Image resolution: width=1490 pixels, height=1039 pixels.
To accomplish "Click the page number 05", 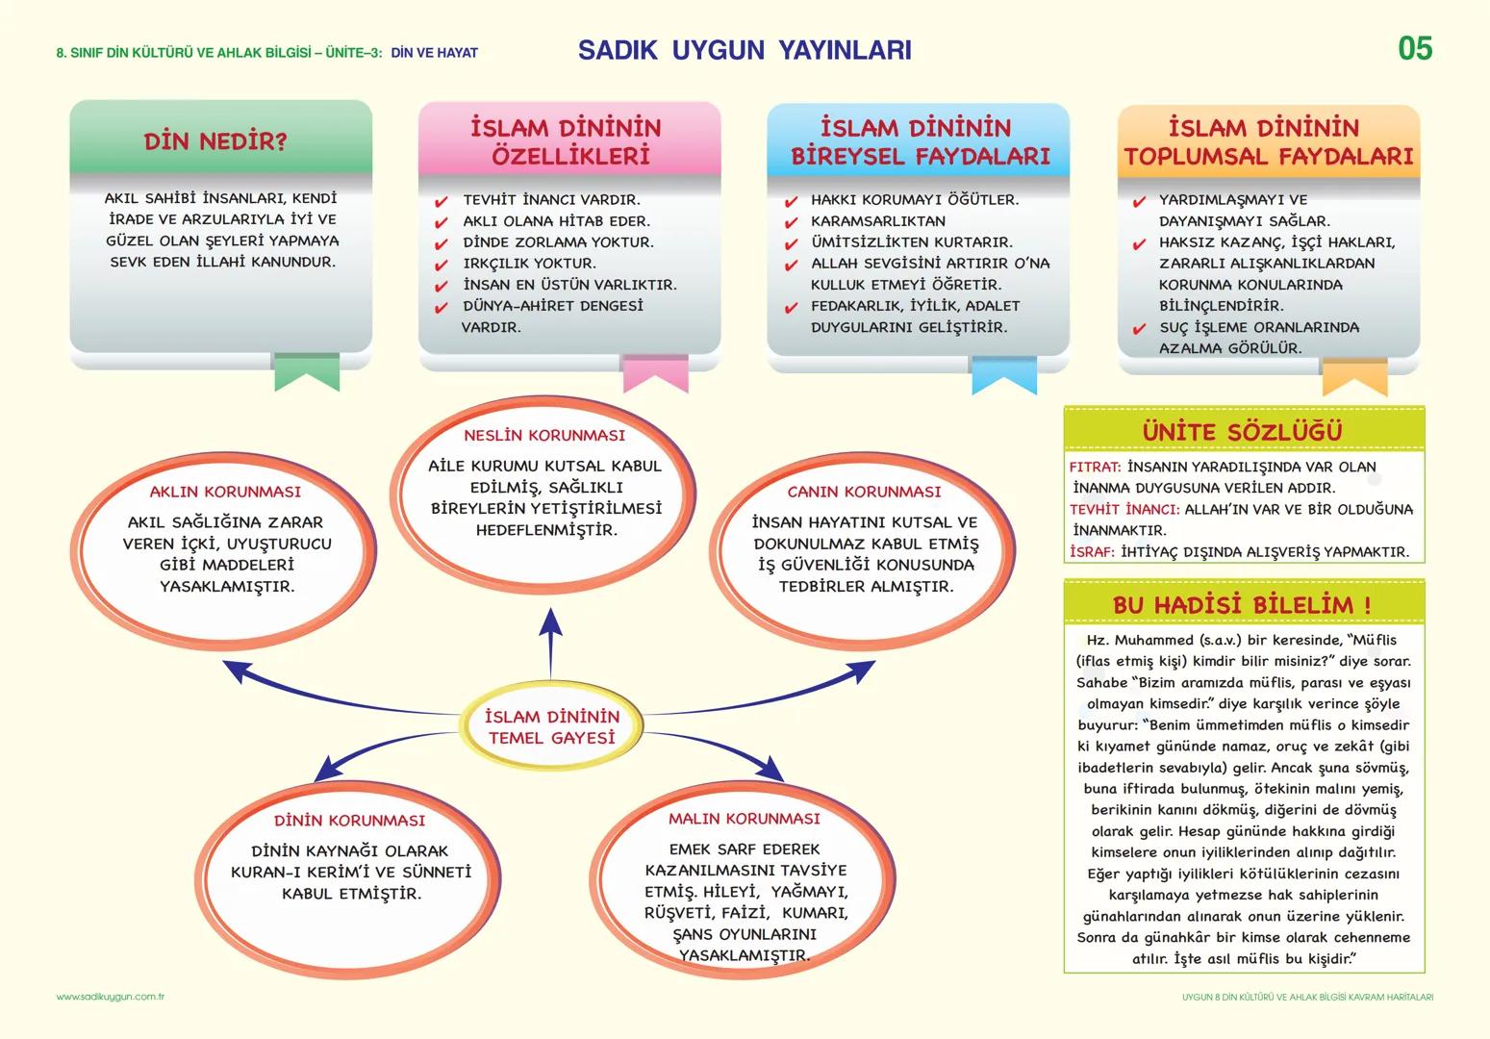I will pos(1414,48).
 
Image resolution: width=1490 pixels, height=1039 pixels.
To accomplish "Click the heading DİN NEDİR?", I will pos(215,141).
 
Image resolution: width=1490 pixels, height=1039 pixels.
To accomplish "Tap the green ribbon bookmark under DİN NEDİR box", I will pos(307,372).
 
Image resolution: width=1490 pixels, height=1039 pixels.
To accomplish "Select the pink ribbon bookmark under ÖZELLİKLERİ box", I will pos(655,373).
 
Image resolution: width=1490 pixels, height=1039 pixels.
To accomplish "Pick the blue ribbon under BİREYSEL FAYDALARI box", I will pos(1003,375).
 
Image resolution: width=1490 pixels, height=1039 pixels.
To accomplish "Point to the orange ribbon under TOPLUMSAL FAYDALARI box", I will pos(1354,377).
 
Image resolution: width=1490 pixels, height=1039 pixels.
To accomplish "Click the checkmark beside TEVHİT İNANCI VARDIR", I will pos(442,202).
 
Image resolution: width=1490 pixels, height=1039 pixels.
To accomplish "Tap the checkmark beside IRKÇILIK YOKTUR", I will pos(442,266).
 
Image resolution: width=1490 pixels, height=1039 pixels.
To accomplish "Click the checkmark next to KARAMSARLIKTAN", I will pos(791,223).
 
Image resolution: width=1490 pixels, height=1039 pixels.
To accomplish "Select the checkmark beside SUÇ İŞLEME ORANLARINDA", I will pos(1139,329).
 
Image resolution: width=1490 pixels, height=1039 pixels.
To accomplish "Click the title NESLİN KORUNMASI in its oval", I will pos(544,436).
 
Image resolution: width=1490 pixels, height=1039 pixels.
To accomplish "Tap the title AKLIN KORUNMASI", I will pos(225,492).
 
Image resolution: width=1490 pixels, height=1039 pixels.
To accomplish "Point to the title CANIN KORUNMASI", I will pos(864,492).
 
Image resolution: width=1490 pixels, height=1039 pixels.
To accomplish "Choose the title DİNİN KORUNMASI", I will pos(349,821).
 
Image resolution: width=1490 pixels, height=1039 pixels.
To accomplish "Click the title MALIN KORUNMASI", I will pos(745,819).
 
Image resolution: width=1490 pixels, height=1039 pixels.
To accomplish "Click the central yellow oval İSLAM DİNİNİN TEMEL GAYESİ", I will pos(551,727).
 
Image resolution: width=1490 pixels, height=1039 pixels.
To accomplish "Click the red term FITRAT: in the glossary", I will pos(1095,467).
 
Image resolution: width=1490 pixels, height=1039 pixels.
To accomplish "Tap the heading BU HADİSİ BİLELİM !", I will pos(1242,605).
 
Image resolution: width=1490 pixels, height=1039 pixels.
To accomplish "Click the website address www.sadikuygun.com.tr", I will pos(110,997).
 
